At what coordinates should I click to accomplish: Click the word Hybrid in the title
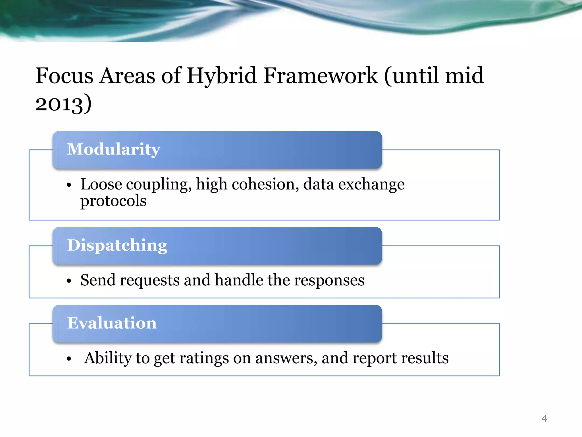(222, 76)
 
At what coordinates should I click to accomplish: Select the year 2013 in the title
(60, 104)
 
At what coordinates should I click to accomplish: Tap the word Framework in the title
(320, 76)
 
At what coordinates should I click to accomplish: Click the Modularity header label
(114, 149)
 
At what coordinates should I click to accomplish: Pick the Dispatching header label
(117, 245)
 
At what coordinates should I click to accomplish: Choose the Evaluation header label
(112, 323)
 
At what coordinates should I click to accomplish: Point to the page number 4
(544, 419)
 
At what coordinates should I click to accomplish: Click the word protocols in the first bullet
(113, 201)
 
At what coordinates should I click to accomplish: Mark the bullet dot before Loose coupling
(69, 185)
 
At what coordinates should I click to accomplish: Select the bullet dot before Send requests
(69, 281)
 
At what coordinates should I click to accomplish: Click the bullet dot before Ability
(69, 359)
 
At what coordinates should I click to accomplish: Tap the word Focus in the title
(65, 76)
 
